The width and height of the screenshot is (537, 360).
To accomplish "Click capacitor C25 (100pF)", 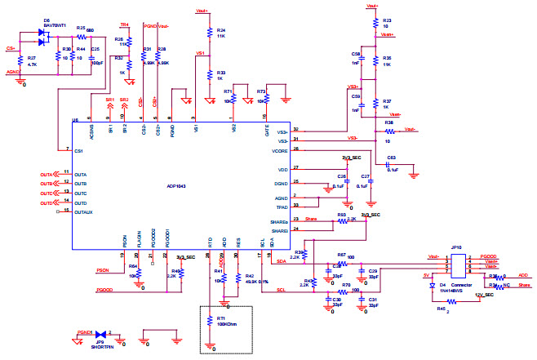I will (91, 50).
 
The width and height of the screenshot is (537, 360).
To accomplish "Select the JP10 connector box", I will (458, 265).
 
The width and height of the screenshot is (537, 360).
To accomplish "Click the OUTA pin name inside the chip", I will (80, 174).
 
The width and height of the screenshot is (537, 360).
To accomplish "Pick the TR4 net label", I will (124, 24).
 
